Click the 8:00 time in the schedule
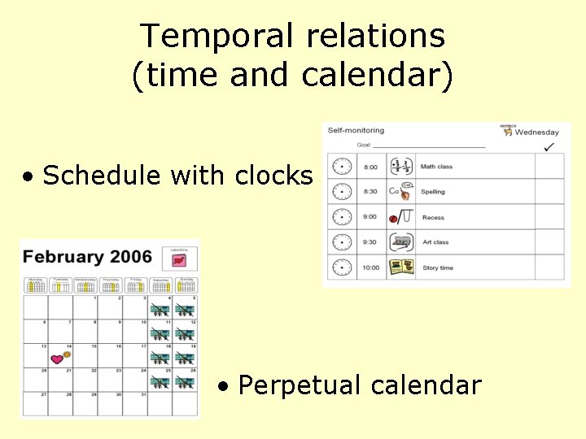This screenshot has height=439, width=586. coord(370,167)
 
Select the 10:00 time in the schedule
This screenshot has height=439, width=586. coord(371,267)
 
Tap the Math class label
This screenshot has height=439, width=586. coord(436,167)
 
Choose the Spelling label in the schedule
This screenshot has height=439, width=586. coord(433,192)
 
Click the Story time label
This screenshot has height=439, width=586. coord(438,267)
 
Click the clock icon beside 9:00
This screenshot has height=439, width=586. coord(342,217)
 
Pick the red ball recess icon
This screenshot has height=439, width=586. coord(394,219)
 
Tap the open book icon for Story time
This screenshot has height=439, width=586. coord(401,267)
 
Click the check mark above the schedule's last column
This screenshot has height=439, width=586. coord(549,146)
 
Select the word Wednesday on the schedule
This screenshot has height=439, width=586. coord(538,132)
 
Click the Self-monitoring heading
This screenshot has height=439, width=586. coord(355,130)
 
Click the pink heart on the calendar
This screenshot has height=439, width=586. coord(56,359)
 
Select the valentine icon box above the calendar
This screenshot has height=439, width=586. coord(180,259)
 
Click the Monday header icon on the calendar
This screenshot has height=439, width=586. coord(35,284)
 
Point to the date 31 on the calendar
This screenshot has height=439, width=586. coord(143,394)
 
